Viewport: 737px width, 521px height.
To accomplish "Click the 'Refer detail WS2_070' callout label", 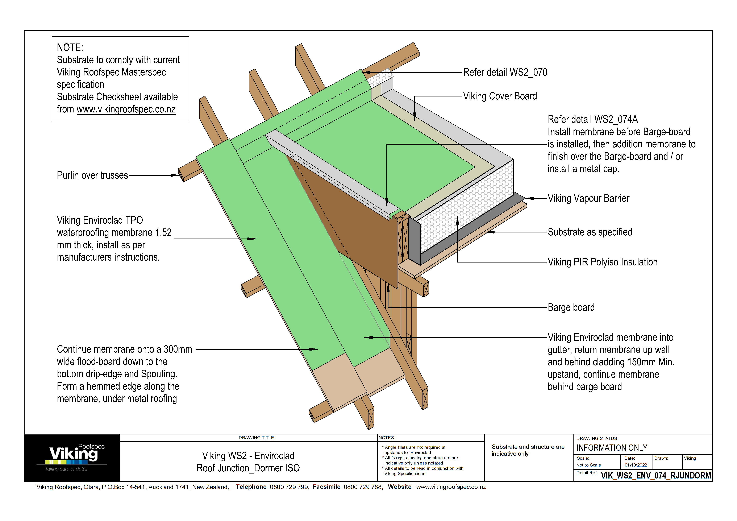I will click(x=505, y=73).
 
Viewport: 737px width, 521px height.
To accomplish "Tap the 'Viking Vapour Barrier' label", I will click(x=588, y=198).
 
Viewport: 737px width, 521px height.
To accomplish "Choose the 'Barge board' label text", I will click(x=571, y=307).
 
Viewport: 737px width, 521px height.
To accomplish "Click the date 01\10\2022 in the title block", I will click(x=636, y=465).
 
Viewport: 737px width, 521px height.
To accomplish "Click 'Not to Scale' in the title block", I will click(x=588, y=465).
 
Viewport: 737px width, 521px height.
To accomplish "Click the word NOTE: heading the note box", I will click(x=70, y=47).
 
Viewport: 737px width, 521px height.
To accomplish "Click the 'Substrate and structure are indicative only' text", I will click(x=528, y=450).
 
